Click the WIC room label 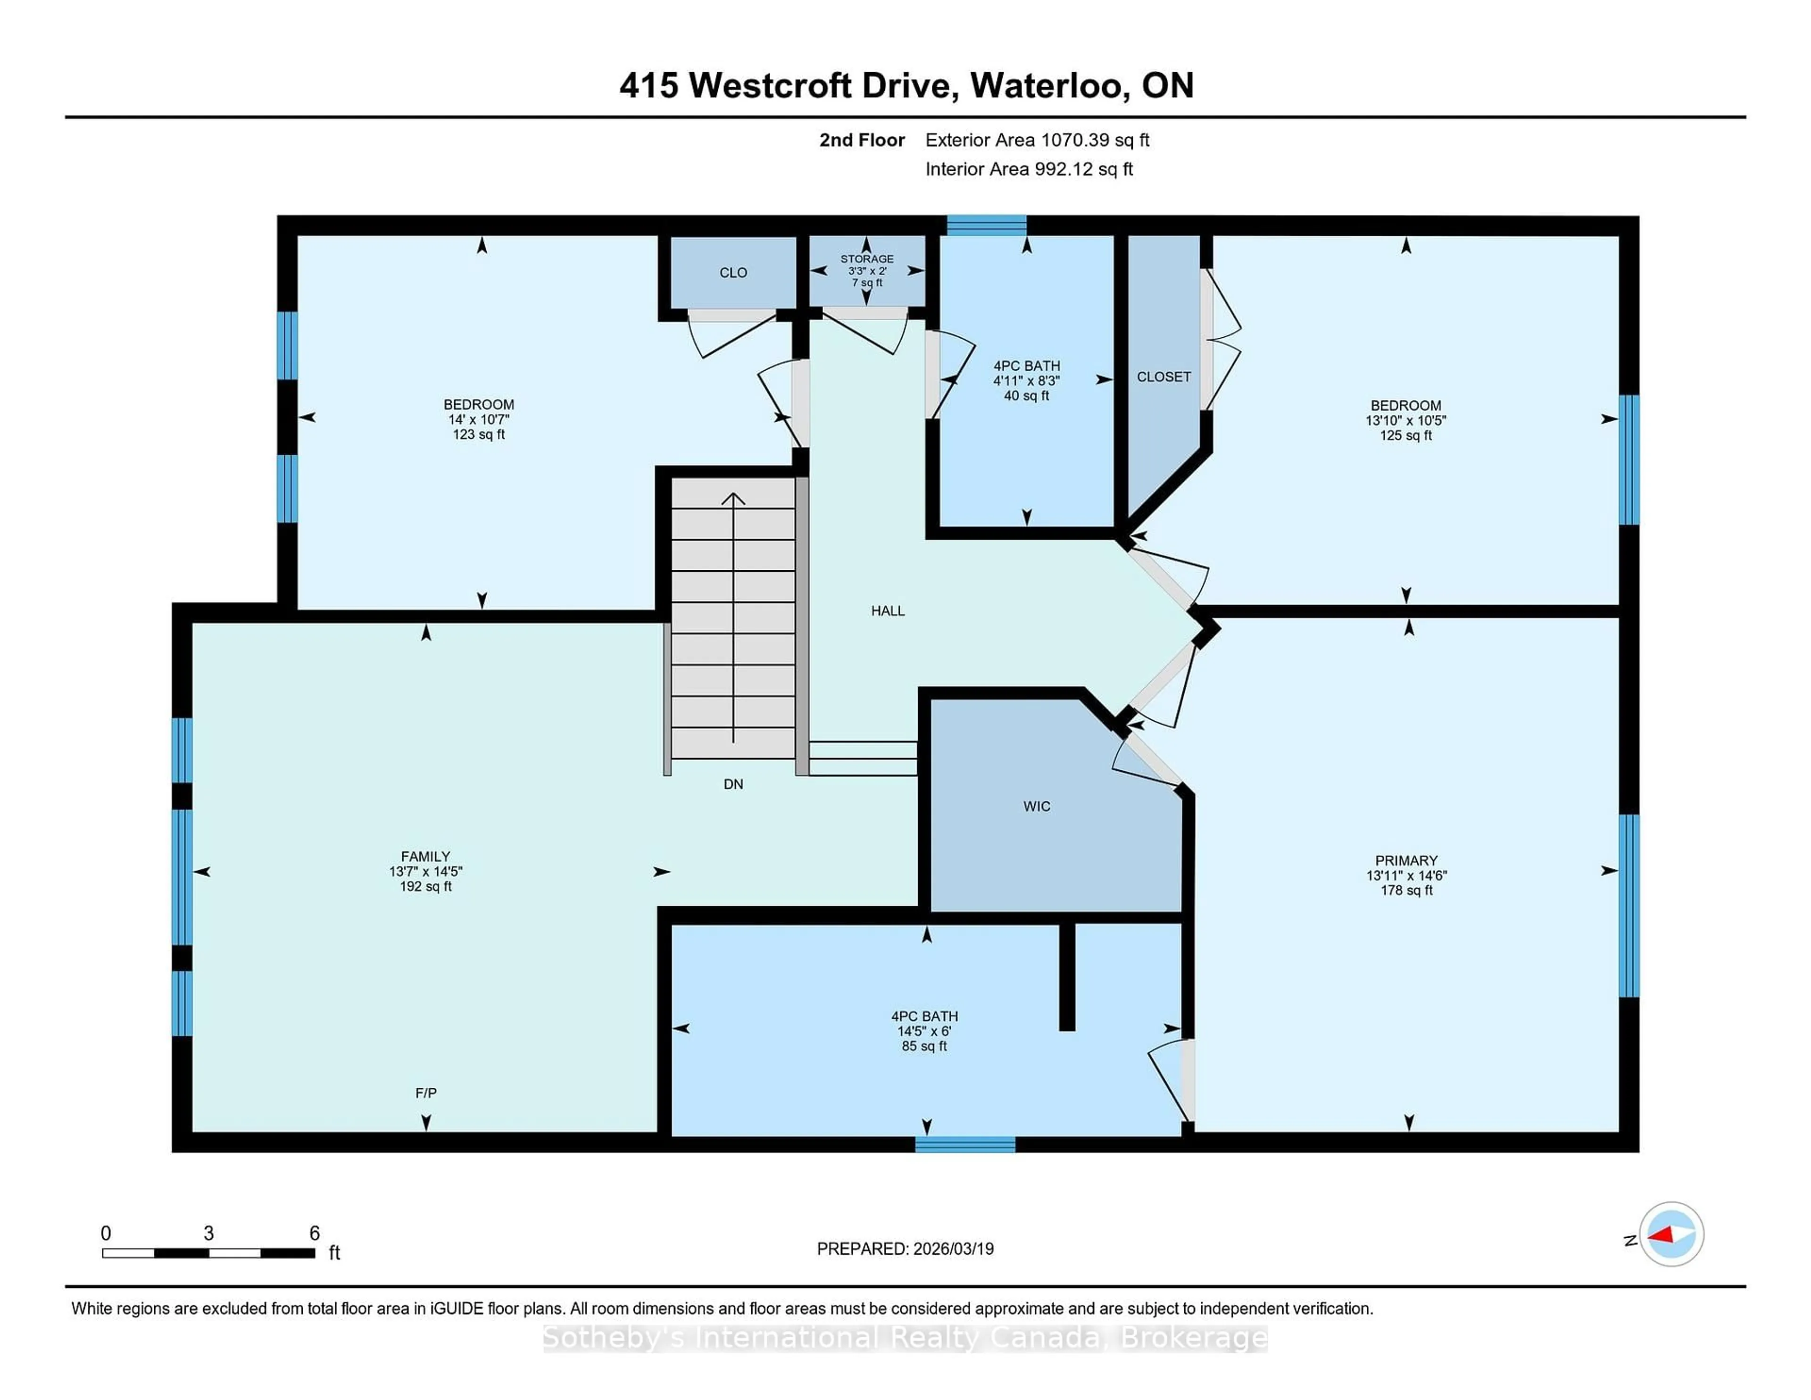(1037, 806)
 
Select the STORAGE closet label (866, 259)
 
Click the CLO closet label (733, 273)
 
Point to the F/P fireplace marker (425, 1093)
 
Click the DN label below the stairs (733, 784)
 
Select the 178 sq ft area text (1406, 891)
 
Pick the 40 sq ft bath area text (1027, 396)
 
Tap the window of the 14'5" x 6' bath (965, 1144)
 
